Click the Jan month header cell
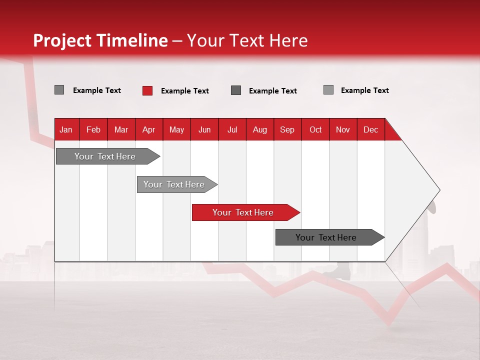click(66, 129)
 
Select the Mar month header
click(121, 129)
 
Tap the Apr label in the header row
click(148, 129)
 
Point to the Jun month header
click(204, 129)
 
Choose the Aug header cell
click(259, 129)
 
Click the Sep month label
click(287, 129)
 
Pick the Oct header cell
click(315, 129)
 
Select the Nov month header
click(343, 129)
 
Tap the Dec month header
click(370, 129)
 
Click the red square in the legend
click(147, 90)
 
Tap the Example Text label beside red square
click(185, 91)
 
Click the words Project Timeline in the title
click(100, 40)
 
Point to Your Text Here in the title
click(247, 40)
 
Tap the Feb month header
click(93, 129)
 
